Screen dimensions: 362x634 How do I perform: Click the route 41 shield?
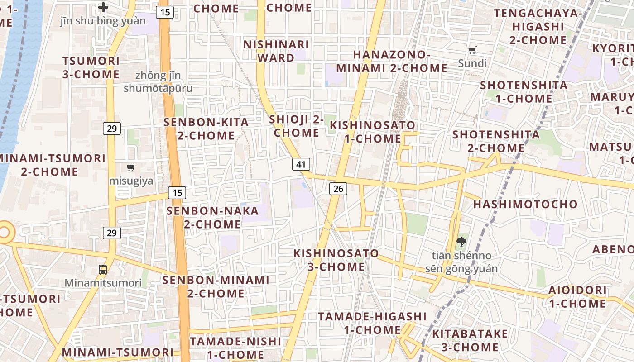coord(301,164)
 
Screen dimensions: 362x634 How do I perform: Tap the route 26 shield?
coord(338,189)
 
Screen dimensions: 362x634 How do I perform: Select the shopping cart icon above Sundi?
coord(472,50)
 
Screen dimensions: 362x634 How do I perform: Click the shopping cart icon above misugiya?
coord(131,168)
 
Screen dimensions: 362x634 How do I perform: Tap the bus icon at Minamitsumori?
coord(103,270)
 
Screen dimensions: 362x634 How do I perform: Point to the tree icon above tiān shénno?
coord(461,242)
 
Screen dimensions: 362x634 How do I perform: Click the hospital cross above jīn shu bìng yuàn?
coord(103,7)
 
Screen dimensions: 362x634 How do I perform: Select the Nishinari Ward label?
coord(276,51)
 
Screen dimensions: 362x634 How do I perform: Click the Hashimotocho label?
coord(525,204)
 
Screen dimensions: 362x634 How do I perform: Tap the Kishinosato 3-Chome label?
coord(336,260)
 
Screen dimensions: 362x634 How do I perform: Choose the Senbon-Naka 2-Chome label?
coord(212,218)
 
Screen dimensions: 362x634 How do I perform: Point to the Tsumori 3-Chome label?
coord(91,67)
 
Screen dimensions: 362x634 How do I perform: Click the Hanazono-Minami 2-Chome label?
coord(391,62)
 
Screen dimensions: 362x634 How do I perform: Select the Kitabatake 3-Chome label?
coord(470,341)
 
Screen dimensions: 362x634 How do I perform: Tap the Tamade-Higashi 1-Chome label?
coord(372,323)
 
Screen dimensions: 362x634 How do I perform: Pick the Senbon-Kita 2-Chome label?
coord(206,129)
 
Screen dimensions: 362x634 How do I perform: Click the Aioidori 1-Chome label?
coord(577,297)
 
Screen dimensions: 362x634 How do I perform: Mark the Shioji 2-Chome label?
coord(297,126)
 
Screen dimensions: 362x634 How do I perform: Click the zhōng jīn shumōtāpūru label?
coord(158,82)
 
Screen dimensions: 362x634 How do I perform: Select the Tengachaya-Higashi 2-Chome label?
coord(538,27)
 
